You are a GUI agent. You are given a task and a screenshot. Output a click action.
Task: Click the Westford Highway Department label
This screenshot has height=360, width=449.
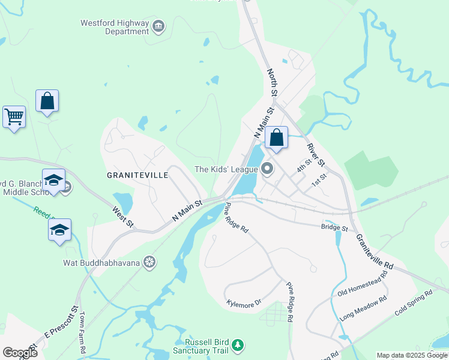[114, 27]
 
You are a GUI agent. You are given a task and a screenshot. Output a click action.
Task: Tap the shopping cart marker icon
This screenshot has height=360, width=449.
[14, 116]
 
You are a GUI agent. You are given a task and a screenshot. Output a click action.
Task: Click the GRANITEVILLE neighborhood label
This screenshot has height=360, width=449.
[137, 175]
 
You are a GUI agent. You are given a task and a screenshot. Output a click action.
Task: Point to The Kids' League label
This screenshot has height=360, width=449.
[226, 169]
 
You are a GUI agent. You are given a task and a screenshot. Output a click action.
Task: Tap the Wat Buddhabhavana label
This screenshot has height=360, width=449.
[101, 262]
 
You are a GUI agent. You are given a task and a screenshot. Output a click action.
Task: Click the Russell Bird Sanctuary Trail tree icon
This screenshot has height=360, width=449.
[238, 345]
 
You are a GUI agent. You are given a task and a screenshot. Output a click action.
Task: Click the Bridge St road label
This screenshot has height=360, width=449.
[334, 227]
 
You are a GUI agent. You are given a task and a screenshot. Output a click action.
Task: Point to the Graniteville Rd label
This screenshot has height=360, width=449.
[375, 251]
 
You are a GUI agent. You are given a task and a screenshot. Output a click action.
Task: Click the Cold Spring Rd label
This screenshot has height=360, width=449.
[414, 304]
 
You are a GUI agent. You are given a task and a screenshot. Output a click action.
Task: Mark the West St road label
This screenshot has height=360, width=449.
[123, 217]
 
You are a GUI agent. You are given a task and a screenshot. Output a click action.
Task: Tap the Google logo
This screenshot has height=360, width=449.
[20, 352]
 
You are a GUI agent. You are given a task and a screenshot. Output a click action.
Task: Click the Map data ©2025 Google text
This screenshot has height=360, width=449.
[411, 355]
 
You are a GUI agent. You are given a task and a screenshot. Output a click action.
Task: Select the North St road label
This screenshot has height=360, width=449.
[271, 82]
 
